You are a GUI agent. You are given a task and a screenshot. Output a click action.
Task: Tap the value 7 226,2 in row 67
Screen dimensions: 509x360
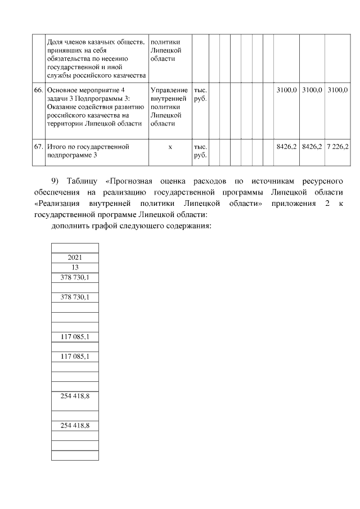(337, 147)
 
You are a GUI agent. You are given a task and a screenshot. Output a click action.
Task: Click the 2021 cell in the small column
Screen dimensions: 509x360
(75, 258)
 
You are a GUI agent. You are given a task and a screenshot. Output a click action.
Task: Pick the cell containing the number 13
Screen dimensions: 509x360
(75, 267)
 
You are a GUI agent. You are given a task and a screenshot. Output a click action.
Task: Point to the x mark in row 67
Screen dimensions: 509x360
(170, 147)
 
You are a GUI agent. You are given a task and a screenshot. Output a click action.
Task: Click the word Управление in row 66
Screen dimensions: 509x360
(169, 90)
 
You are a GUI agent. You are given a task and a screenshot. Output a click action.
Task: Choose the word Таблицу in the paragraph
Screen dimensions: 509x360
(82, 181)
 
